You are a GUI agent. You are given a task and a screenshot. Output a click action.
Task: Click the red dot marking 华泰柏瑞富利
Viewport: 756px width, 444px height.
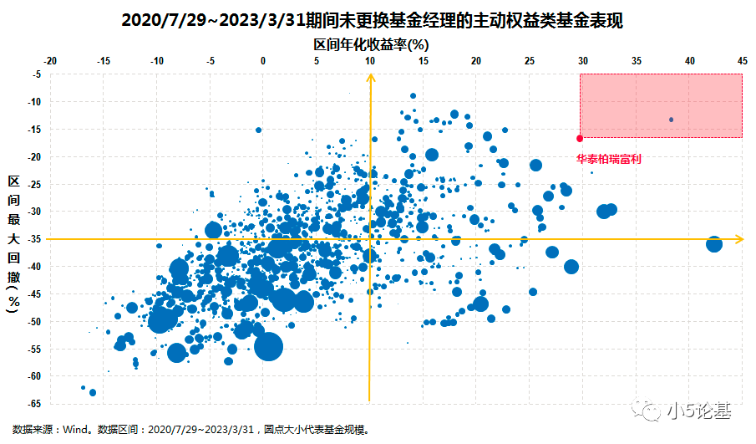coord(580,139)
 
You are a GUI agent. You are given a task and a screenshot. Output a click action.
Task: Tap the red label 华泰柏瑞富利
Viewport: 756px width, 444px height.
coord(609,158)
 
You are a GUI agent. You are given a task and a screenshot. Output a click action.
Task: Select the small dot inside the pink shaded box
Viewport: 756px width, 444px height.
coord(671,120)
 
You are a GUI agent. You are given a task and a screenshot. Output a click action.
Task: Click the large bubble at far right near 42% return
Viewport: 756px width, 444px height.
coord(714,244)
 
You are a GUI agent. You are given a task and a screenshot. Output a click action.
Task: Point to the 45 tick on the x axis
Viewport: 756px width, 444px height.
coord(742,62)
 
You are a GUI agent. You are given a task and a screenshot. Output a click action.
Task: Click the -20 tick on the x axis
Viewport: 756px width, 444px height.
coord(50,62)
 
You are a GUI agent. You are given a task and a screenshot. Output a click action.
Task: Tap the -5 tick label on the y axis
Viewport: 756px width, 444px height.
coord(37,74)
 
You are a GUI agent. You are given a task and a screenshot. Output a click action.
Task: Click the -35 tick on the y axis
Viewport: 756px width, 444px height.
coord(35,239)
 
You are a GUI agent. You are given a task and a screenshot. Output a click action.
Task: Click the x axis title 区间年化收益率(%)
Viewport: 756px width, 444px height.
coord(371,43)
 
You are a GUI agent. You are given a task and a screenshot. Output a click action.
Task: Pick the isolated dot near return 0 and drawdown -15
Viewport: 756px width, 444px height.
coord(258,130)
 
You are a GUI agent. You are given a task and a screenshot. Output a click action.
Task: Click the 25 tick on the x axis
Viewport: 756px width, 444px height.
coord(530,62)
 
